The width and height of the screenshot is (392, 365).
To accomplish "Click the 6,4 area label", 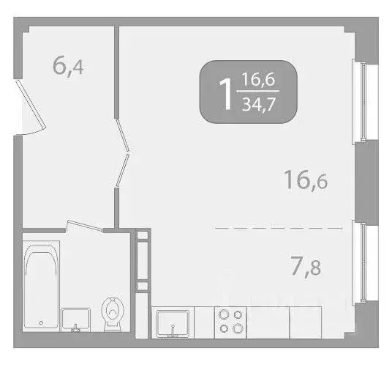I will click(68, 66).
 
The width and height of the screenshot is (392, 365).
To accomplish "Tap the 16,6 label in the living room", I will click(306, 180).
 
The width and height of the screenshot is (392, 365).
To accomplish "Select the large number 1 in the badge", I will click(225, 92).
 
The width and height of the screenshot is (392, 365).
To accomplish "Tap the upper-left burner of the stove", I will click(223, 314).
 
